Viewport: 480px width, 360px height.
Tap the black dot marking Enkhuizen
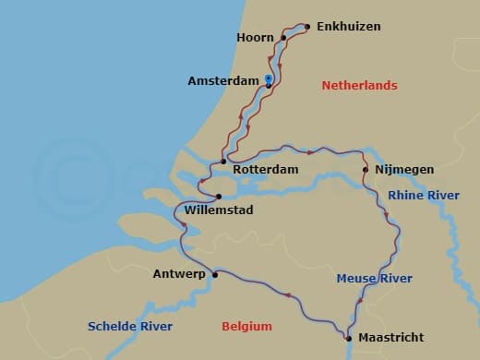click(306, 27)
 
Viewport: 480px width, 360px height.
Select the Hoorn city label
click(256, 38)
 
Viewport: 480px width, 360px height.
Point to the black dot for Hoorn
click(283, 38)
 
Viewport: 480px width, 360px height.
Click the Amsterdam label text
click(223, 81)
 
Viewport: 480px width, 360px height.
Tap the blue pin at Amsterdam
click(268, 79)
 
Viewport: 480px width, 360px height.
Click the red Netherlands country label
click(359, 86)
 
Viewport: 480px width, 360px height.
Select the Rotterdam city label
click(266, 170)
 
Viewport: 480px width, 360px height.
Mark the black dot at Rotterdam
click(223, 162)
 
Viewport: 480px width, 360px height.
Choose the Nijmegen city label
click(403, 170)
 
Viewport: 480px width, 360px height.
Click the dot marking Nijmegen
click(366, 169)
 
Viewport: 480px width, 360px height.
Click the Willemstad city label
click(219, 210)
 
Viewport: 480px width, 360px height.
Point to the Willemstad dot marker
click(219, 196)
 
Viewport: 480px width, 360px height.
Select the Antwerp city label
click(179, 274)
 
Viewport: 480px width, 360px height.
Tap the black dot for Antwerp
click(214, 274)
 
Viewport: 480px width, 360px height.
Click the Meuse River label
click(374, 279)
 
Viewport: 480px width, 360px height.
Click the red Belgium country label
click(246, 326)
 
